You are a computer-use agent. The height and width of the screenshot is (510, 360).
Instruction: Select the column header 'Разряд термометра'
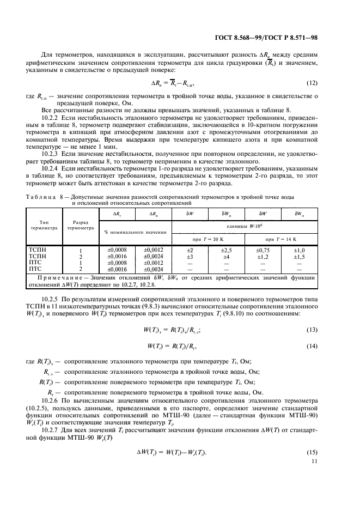(80, 226)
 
